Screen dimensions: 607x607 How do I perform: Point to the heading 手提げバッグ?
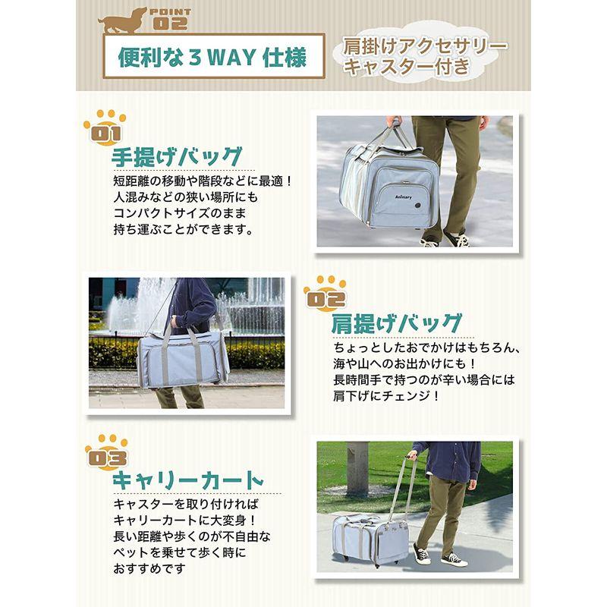coord(177,157)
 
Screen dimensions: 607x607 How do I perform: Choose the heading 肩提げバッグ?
coord(395,323)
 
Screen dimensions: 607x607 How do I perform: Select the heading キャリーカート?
coord(187,482)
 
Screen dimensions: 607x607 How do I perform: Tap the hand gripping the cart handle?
coord(412,456)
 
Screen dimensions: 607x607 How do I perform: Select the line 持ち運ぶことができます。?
coord(181,228)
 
